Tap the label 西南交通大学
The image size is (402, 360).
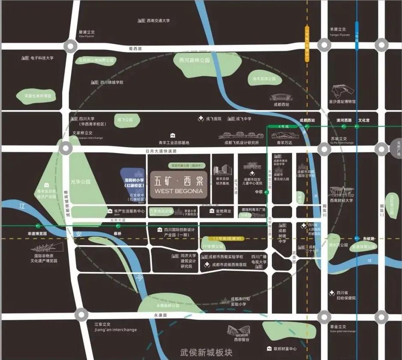(158, 20)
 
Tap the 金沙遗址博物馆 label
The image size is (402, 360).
(342, 102)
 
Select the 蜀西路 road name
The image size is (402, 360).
(136, 49)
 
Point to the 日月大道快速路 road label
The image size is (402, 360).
(161, 151)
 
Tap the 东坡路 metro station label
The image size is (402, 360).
(369, 239)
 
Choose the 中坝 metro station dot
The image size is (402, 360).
(267, 193)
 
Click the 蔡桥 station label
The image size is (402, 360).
(117, 234)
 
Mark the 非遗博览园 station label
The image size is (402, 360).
(37, 234)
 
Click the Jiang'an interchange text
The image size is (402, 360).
(116, 330)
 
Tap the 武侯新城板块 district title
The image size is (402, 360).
(206, 352)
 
